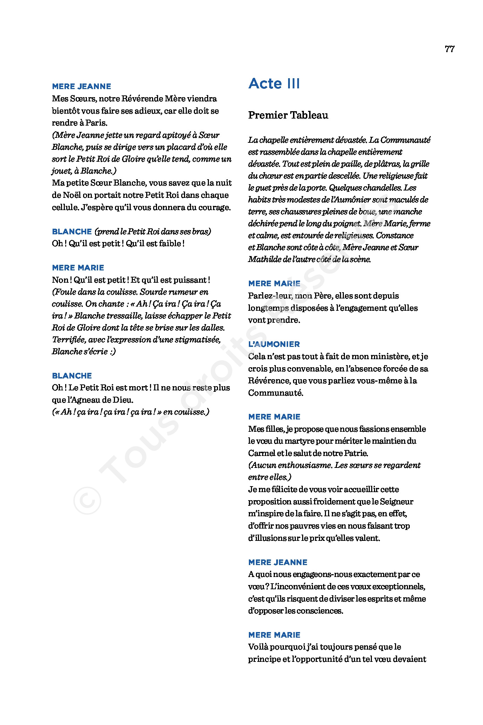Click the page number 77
[x=449, y=49]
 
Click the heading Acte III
[x=274, y=84]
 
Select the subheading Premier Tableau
[x=288, y=115]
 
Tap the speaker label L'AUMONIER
[x=274, y=344]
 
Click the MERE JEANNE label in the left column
[x=81, y=86]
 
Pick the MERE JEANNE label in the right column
[x=278, y=562]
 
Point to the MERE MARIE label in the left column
[x=78, y=268]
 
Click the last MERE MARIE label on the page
[x=274, y=635]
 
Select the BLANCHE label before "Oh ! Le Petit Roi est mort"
[x=72, y=376]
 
